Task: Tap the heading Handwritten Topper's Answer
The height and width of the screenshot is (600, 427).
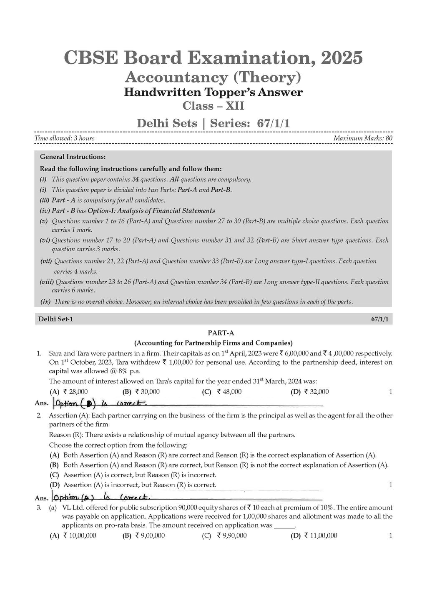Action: tap(213, 92)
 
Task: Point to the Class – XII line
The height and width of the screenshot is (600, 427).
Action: tap(213, 106)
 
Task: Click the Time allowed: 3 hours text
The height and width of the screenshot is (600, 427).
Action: tap(64, 138)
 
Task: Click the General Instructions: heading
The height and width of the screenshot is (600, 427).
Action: tap(73, 157)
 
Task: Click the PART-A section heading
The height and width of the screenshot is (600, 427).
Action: tap(213, 333)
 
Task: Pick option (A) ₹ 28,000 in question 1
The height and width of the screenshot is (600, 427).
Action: tap(69, 392)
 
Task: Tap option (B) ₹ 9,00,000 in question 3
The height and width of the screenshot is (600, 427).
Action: tap(143, 536)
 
